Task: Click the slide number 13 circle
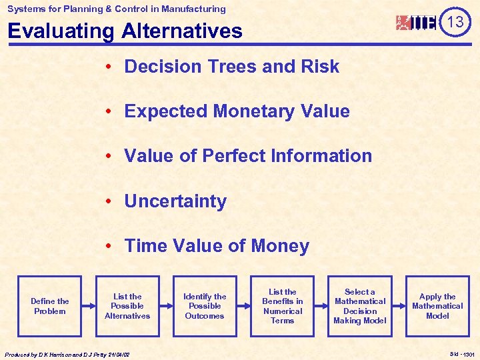coord(455,22)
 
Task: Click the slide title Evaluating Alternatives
coord(125,31)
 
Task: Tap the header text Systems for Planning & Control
coord(117,9)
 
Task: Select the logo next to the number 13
coord(417,23)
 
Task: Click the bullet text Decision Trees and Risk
coord(231,67)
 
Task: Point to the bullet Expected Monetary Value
coord(237,111)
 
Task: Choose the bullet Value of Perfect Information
coord(248,156)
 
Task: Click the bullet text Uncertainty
coord(175,201)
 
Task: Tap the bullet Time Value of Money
coord(217,246)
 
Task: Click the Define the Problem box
coord(50,307)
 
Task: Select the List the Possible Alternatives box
coord(127,307)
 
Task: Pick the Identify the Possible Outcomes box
coord(205,307)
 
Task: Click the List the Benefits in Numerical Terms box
coord(283,307)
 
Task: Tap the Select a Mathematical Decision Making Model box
coord(360,307)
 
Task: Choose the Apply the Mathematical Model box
coord(437,307)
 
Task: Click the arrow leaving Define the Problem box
coord(89,307)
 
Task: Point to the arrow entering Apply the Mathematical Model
coord(399,307)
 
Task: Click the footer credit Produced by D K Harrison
coord(67,355)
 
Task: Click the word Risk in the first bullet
coord(321,67)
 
